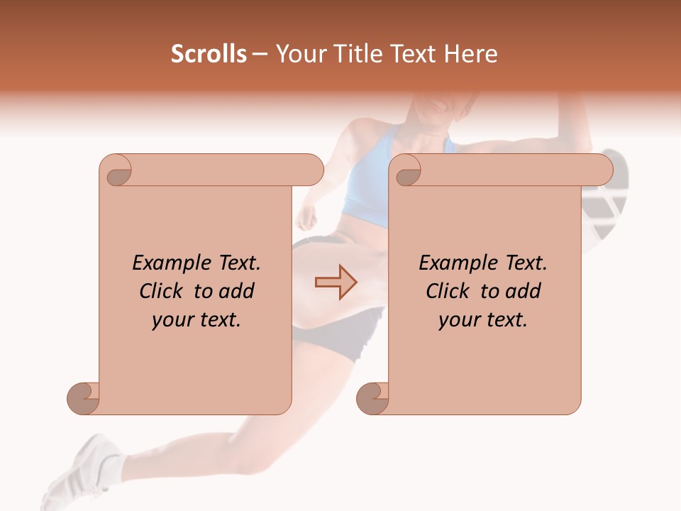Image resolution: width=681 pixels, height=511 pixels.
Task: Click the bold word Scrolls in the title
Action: pos(209,54)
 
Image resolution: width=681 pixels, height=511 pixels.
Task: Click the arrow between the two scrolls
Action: pos(336,282)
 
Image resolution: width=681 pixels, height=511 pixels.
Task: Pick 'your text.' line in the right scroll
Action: pos(483,320)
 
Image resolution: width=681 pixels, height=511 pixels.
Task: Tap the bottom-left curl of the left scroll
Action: pos(83,398)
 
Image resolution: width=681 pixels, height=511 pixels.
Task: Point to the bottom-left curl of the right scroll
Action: pos(372,398)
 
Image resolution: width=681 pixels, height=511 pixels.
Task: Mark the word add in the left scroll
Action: pos(236,291)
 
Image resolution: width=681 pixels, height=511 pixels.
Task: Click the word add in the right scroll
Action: pos(522,291)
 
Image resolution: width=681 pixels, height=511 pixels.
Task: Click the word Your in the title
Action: pos(299,54)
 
